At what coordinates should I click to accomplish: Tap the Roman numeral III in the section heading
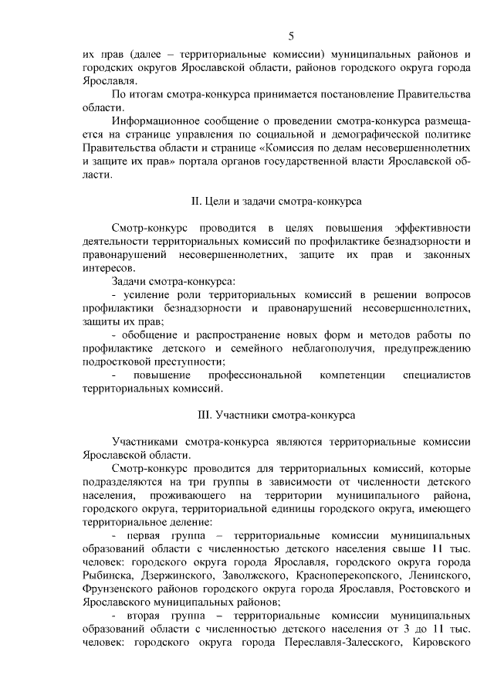(x=205, y=415)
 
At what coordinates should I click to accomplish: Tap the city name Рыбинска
(x=107, y=575)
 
